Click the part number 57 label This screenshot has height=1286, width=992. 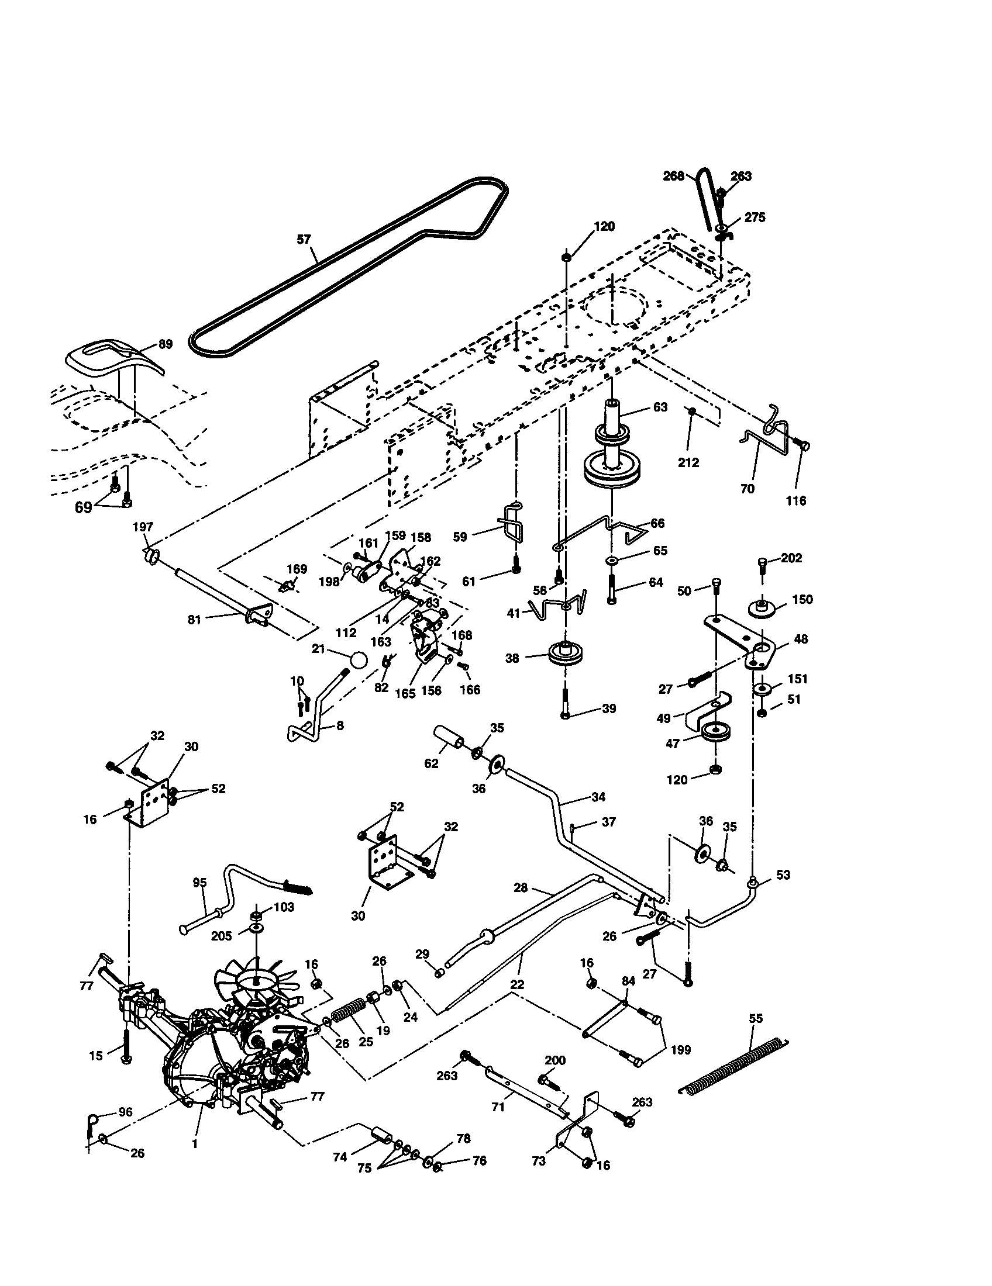click(304, 240)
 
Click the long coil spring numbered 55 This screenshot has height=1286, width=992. click(733, 1066)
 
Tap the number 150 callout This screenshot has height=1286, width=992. click(802, 599)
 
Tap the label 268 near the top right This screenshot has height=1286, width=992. click(674, 176)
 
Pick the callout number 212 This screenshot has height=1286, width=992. click(688, 462)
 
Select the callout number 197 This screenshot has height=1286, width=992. click(143, 527)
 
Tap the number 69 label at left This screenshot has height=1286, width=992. click(84, 507)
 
